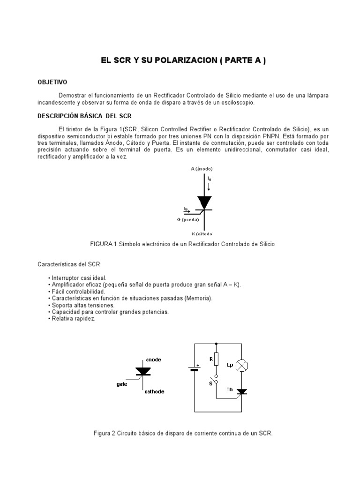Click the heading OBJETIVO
pos(52,82)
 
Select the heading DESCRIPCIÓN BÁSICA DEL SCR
pos(88,116)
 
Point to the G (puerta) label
pos(188,219)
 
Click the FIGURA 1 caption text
pos(181,244)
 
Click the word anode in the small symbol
pos(154,360)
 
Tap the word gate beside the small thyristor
pos(122,383)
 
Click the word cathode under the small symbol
pos(154,391)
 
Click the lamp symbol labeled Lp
pos(242,366)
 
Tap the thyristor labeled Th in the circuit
pos(242,391)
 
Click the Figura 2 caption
pos(183,433)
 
